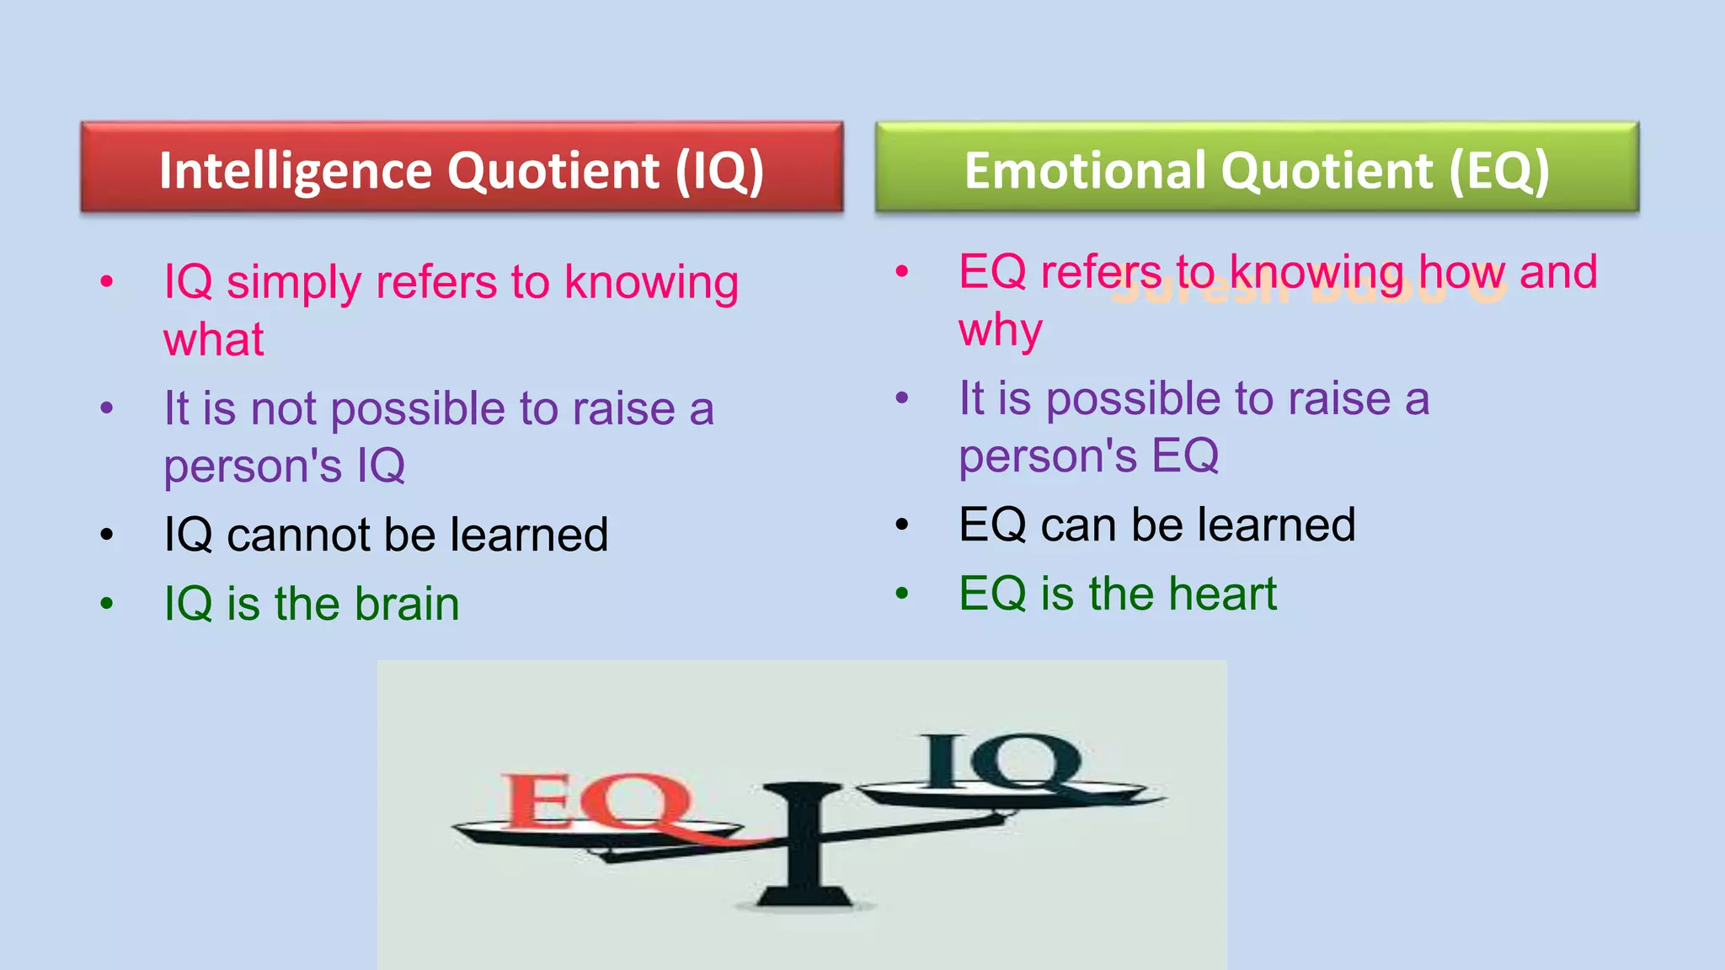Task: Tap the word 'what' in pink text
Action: [214, 340]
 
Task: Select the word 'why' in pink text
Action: [1001, 330]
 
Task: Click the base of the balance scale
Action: [804, 897]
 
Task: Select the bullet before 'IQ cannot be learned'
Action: [107, 535]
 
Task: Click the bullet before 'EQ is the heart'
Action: [902, 594]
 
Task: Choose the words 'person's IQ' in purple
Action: [285, 466]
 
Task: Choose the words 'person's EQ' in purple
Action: [1088, 456]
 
